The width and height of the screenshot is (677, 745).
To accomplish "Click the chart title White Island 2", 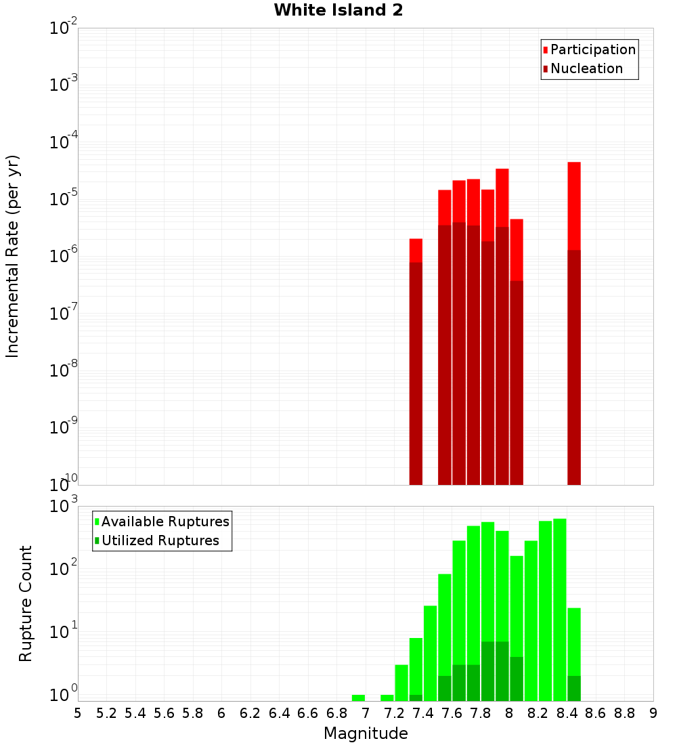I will coord(338,11).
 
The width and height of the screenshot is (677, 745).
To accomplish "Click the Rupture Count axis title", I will coord(26,603).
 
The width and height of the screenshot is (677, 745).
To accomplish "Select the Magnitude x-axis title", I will coord(366,733).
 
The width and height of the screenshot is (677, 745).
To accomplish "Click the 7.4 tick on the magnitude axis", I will coord(423,713).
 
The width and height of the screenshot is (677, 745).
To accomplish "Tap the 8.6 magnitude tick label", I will coord(596,713).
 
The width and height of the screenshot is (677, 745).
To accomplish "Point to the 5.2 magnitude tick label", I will coord(106,713).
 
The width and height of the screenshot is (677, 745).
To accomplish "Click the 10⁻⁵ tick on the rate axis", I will coord(64,199).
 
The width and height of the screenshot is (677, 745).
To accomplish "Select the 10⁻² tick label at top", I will coord(64,28).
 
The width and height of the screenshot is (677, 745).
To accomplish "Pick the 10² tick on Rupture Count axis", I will coord(64,569).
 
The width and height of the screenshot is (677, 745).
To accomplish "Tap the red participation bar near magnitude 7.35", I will coord(416,250).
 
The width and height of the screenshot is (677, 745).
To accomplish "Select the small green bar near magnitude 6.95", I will coord(358,698).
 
